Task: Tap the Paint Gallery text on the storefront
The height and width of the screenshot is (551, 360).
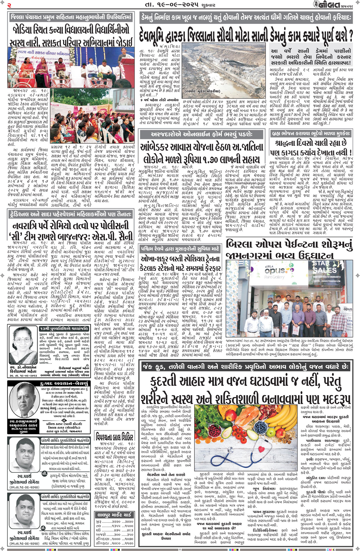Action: pos(274,277)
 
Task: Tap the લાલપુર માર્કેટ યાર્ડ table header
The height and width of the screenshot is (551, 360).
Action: pos(115,515)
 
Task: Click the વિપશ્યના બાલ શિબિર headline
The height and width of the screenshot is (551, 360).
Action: pos(115,436)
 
